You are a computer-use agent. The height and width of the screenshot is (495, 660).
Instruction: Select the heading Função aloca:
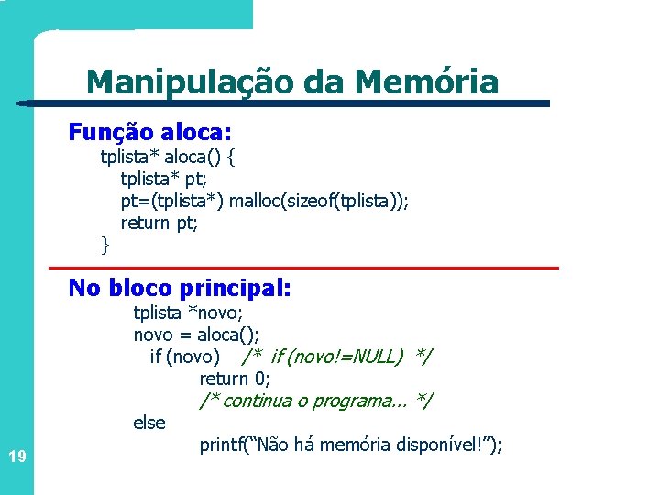pyautogui.click(x=150, y=132)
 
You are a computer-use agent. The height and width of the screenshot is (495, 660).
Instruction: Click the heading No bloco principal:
pyautogui.click(x=180, y=288)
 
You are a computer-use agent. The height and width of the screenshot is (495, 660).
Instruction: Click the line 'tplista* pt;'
pyautogui.click(x=163, y=179)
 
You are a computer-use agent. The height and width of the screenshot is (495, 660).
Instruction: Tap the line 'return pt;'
pyautogui.click(x=159, y=223)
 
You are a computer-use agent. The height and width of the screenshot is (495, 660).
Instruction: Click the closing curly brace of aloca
pyautogui.click(x=104, y=244)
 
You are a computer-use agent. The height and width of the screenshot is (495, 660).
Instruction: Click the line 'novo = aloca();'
pyautogui.click(x=196, y=335)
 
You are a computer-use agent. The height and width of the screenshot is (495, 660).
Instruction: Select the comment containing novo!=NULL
pyautogui.click(x=337, y=357)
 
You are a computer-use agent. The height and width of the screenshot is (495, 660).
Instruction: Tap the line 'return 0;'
pyautogui.click(x=234, y=379)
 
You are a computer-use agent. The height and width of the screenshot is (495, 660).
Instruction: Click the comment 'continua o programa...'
pyautogui.click(x=316, y=401)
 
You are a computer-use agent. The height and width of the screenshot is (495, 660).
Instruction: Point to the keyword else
pyautogui.click(x=149, y=423)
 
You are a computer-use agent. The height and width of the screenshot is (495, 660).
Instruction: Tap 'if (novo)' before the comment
pyautogui.click(x=184, y=357)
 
